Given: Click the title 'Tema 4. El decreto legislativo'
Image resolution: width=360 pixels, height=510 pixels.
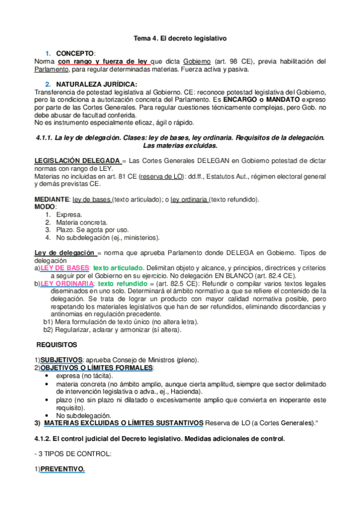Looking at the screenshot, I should pos(180,38).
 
